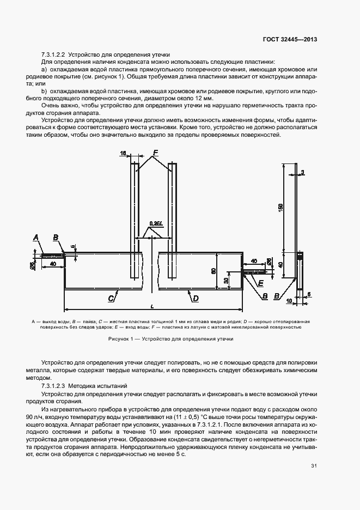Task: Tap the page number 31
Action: pyautogui.click(x=314, y=465)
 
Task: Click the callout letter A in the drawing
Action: pyautogui.click(x=35, y=238)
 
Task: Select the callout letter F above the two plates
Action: pyautogui.click(x=155, y=153)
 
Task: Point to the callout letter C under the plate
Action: pyautogui.click(x=111, y=298)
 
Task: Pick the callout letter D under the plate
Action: pyautogui.click(x=195, y=298)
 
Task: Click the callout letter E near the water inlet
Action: pyautogui.click(x=261, y=283)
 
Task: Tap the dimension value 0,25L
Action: pyautogui.click(x=155, y=223)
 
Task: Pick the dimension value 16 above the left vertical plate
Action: pyautogui.click(x=123, y=154)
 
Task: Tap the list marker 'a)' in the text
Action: pyautogui.click(x=44, y=70)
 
